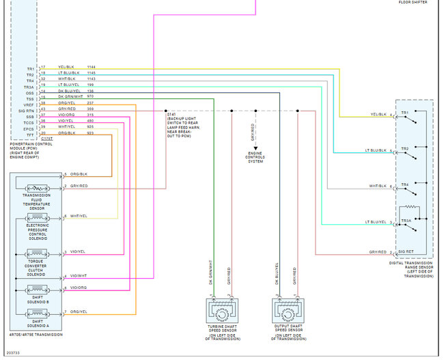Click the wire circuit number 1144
[x=92, y=68]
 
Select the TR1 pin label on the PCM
[x=30, y=68]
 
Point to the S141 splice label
[x=169, y=113]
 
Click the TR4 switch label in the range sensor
[x=405, y=184]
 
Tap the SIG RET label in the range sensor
[x=408, y=253]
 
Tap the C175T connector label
[x=46, y=138]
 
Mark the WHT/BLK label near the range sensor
[x=378, y=186]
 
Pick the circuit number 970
[x=90, y=98]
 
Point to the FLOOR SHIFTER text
[x=413, y=3]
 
